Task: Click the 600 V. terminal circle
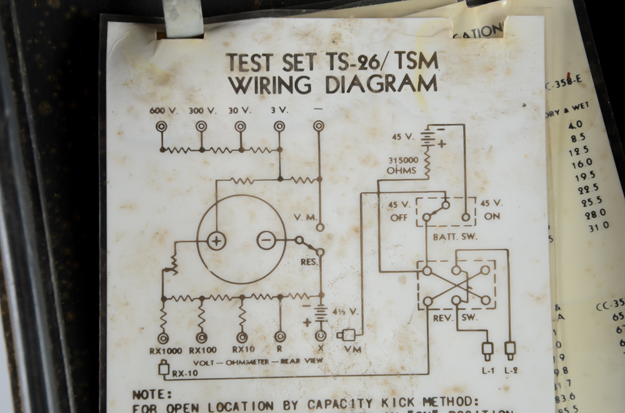(x=162, y=127)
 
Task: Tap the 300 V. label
(x=202, y=111)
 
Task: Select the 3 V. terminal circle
(x=279, y=127)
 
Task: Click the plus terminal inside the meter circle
(x=216, y=241)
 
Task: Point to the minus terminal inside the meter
(x=267, y=240)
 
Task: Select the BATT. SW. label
(x=450, y=237)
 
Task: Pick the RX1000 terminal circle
(x=163, y=338)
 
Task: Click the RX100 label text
(x=202, y=351)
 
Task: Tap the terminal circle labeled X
(x=321, y=336)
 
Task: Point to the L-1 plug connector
(x=487, y=349)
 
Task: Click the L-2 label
(x=511, y=370)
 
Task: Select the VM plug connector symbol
(x=347, y=336)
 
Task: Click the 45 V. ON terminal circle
(x=466, y=217)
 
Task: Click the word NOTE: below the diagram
(x=152, y=394)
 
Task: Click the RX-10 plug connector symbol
(x=164, y=369)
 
